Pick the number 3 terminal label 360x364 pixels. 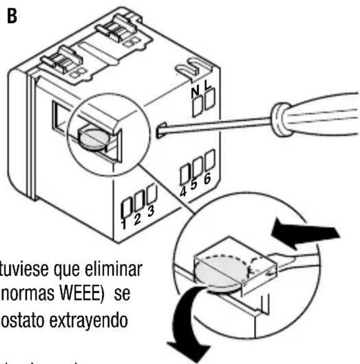pyautogui.click(x=150, y=212)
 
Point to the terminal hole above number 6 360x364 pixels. pyautogui.click(x=209, y=160)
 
